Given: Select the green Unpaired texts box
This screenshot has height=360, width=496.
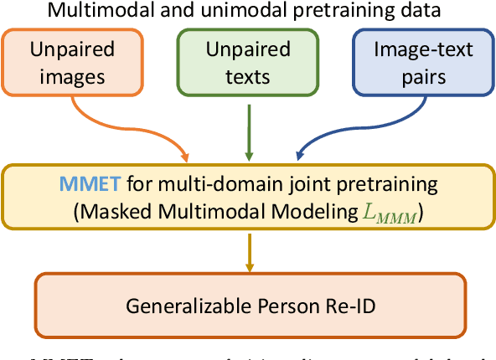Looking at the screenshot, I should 249,64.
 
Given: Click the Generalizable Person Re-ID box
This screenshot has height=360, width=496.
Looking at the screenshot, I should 249,305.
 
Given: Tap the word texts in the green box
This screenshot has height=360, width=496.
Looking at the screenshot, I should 249,76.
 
